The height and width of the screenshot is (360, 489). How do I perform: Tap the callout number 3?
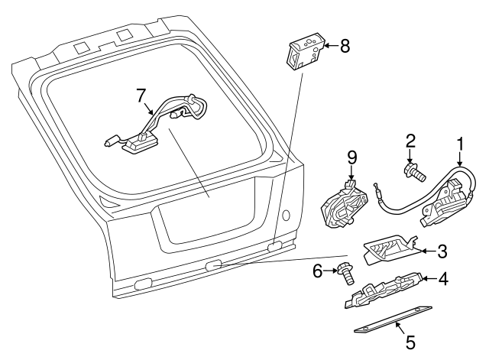click(x=442, y=250)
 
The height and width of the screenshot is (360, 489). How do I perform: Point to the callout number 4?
click(x=444, y=280)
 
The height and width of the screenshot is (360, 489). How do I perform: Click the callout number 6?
click(x=318, y=270)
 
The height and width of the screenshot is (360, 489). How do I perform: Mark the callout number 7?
click(x=141, y=96)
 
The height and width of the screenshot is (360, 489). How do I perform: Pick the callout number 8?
click(x=345, y=47)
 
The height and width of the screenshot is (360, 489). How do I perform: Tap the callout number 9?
click(x=351, y=157)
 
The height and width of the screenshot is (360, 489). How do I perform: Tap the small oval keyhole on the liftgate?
click(x=286, y=216)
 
